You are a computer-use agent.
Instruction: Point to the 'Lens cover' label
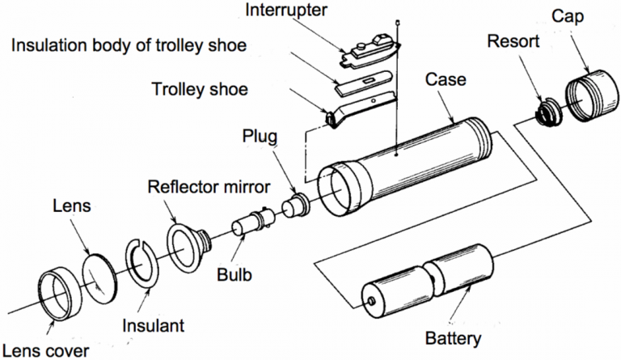coord(45,350)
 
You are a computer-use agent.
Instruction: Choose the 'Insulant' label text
coord(154,326)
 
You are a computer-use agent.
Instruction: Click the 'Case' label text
coord(449,81)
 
